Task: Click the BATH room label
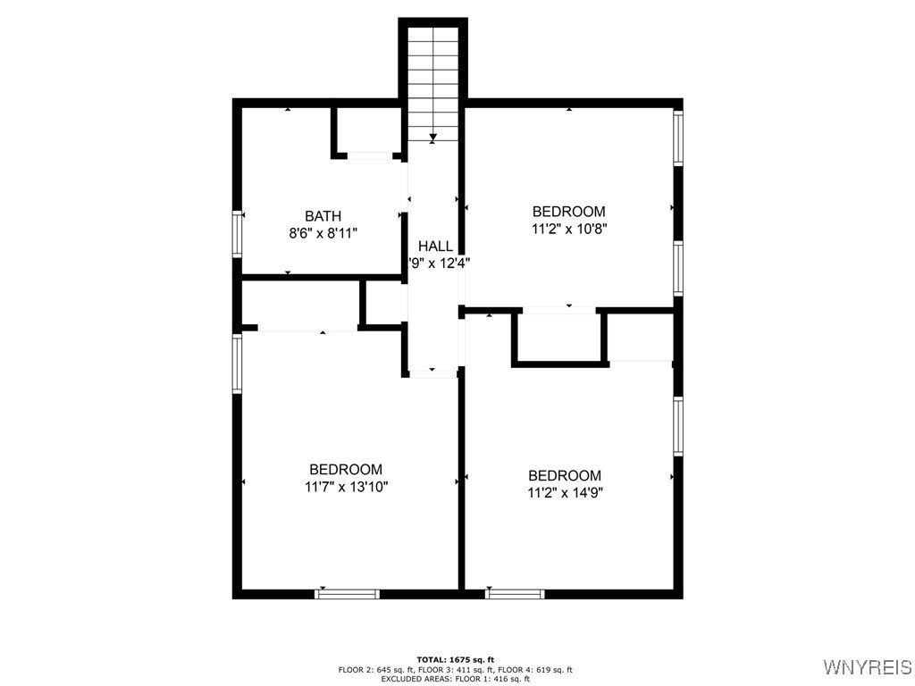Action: (323, 216)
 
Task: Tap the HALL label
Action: (435, 247)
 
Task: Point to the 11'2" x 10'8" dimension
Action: (568, 228)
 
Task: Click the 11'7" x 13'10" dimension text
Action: (346, 486)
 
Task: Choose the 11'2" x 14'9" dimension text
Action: (564, 492)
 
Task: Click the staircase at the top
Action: (433, 80)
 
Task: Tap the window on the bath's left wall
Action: (238, 233)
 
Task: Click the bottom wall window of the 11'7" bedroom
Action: (348, 593)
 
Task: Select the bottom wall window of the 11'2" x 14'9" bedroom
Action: (515, 593)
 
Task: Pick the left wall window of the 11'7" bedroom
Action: (238, 363)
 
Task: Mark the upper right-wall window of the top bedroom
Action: (678, 138)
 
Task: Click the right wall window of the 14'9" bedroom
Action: (678, 426)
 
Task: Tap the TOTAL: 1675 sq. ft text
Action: (456, 659)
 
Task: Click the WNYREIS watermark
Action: (867, 667)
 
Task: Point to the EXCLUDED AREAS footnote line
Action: (456, 679)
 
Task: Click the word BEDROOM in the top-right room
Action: (568, 212)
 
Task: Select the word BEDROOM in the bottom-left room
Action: (346, 470)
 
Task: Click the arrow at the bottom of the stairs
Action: (433, 138)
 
